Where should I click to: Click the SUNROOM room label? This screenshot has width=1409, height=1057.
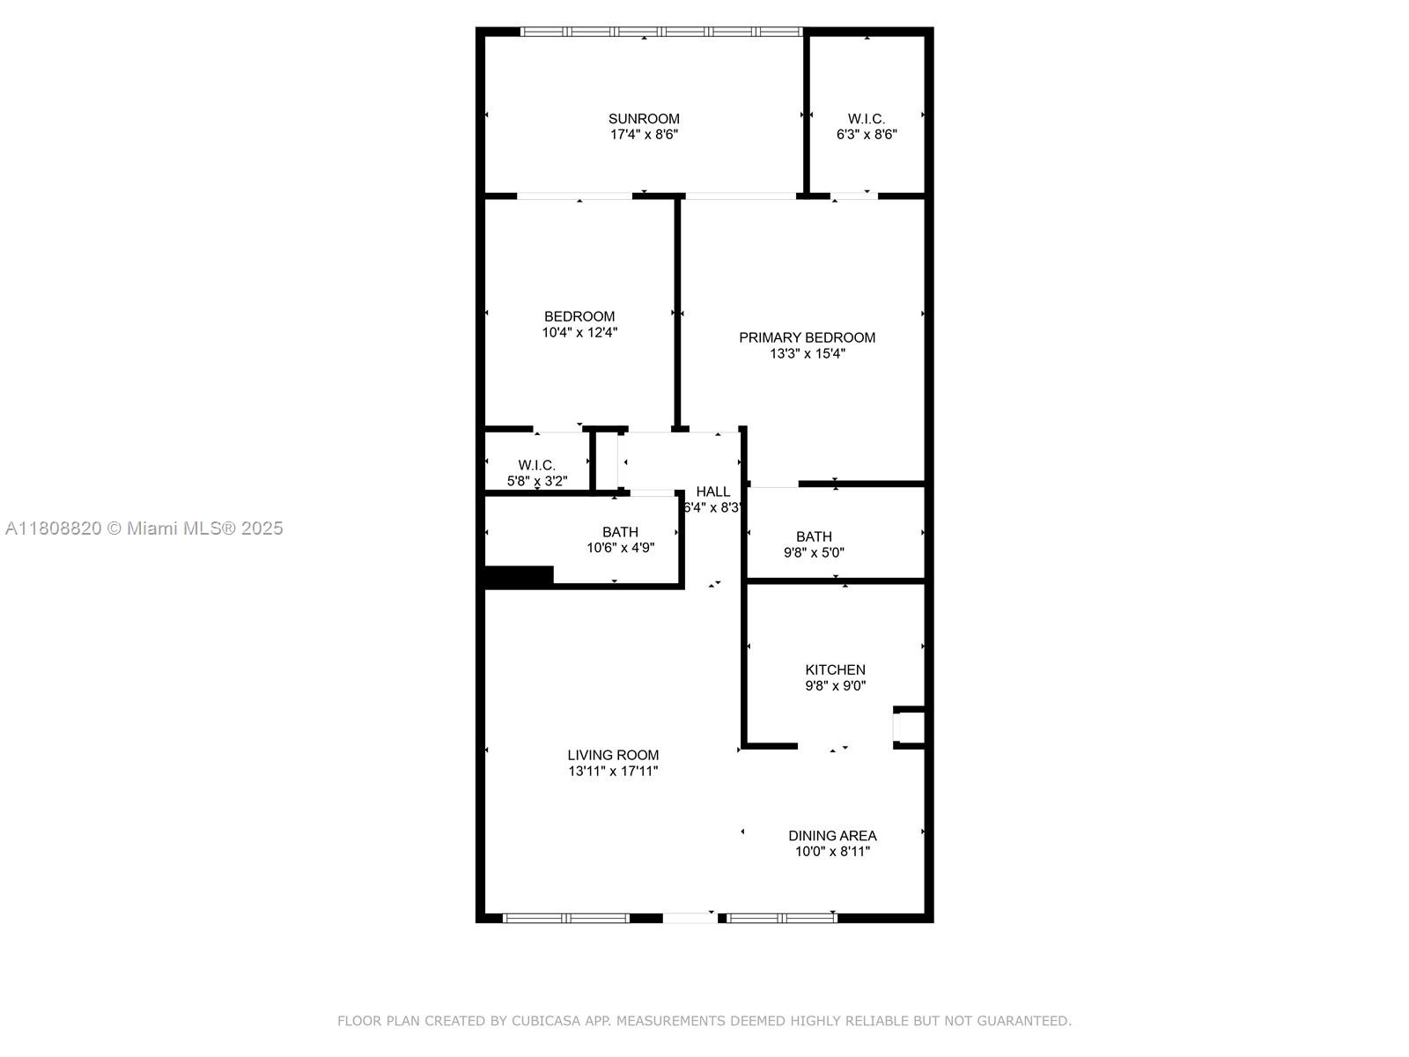coord(643,119)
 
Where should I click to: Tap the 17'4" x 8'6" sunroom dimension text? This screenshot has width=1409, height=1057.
coord(644,135)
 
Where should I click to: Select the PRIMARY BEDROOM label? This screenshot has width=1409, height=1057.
coord(807,337)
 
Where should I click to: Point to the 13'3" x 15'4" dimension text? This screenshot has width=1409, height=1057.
coord(808,353)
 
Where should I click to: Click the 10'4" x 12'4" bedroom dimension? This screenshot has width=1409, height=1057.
coord(579,332)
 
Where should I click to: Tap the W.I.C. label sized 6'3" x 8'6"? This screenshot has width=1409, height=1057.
coord(866,119)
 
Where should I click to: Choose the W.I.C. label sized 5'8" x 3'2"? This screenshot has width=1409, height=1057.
coord(536,465)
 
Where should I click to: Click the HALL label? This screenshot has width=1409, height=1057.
coord(713,492)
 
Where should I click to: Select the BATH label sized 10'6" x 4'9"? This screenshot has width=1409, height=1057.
coord(620,532)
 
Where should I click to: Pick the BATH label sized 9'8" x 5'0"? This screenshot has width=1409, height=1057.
coord(814,536)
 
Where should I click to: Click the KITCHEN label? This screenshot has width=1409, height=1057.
coord(835,670)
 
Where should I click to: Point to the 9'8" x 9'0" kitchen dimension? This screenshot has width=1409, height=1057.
coord(835,686)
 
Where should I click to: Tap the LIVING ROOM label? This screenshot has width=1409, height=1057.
coord(613,756)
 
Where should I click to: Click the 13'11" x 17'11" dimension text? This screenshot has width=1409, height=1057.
coord(613,772)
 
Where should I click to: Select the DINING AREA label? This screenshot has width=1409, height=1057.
coord(832,836)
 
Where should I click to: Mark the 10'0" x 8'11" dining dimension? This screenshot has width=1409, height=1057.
coord(832,852)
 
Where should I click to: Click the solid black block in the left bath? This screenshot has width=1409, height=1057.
coord(519,576)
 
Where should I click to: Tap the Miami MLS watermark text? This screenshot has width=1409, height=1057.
coord(144,528)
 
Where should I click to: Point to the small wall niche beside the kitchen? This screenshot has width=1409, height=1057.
coord(908,728)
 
